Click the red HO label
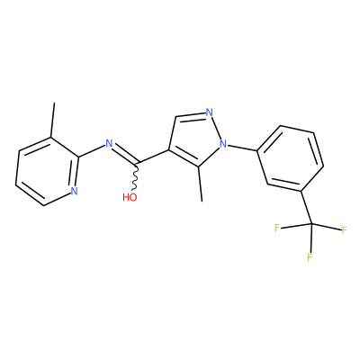[130, 197]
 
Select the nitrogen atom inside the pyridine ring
[74, 191]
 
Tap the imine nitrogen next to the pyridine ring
[109, 143]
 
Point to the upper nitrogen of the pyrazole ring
[210, 112]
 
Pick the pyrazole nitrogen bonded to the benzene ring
[223, 144]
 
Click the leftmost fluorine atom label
[277, 228]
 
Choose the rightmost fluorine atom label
[344, 230]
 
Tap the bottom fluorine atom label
[310, 257]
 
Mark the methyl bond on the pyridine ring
[52, 121]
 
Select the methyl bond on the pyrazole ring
[200, 184]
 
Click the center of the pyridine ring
[47, 172]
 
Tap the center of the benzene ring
[291, 157]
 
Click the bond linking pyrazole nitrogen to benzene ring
[243, 148]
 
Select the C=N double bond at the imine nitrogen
[125, 155]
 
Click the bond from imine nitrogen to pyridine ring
[92, 151]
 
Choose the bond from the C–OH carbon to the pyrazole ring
[153, 157]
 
